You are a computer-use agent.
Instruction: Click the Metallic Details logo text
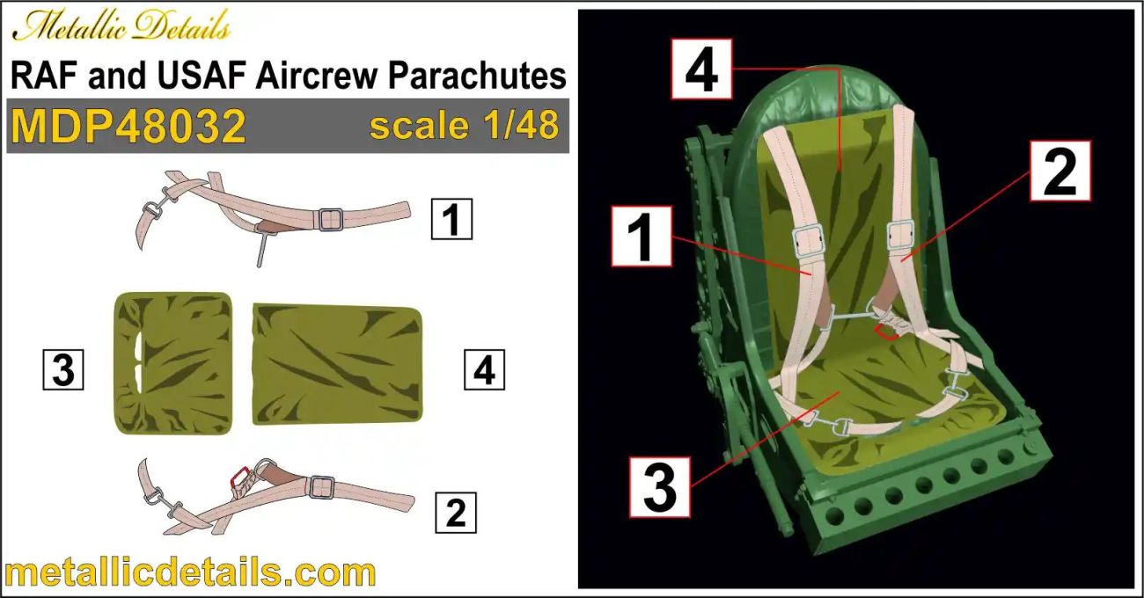[121, 28]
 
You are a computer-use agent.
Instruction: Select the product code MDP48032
[128, 127]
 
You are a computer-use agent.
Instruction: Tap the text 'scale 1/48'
[464, 126]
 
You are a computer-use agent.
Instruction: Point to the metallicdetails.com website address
[189, 572]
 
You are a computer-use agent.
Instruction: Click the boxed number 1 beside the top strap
[451, 220]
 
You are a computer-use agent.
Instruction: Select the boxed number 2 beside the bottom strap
[455, 512]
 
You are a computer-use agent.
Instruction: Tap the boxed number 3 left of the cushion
[63, 370]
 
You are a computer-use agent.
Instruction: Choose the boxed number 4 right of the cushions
[484, 370]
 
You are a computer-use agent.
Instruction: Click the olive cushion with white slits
[173, 363]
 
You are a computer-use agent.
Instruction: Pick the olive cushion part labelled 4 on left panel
[337, 364]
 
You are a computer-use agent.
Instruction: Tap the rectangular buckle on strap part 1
[330, 219]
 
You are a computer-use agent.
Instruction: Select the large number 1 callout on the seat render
[642, 236]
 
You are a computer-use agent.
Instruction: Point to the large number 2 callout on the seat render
[1060, 171]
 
